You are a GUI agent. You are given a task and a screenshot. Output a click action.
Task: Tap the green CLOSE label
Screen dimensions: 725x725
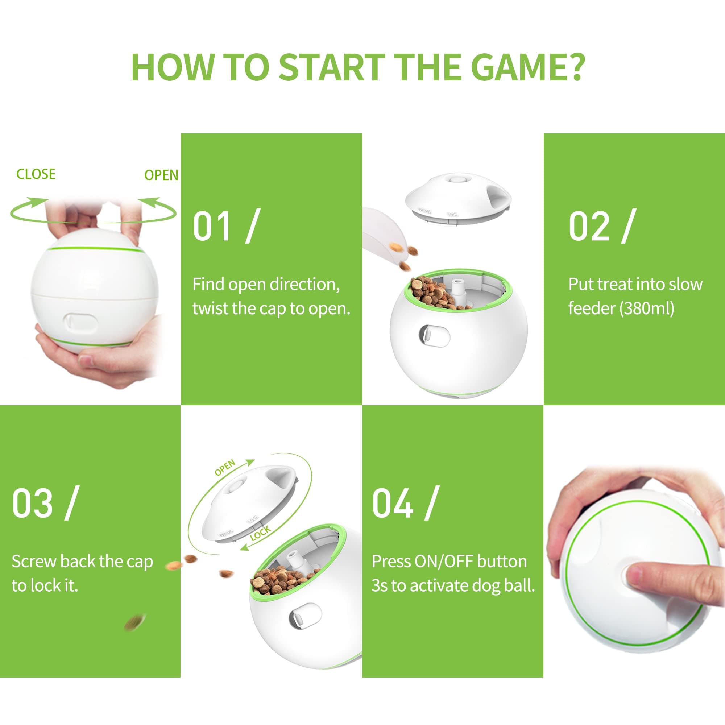[x=36, y=174]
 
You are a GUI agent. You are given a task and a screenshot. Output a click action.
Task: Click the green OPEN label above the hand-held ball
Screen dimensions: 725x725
[x=161, y=175]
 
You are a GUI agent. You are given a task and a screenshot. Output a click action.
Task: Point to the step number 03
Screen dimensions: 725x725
[x=32, y=503]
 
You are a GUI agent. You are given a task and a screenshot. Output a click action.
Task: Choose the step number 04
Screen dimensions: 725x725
[x=393, y=503]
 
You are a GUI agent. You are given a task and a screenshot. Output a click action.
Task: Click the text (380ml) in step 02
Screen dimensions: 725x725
[x=647, y=308]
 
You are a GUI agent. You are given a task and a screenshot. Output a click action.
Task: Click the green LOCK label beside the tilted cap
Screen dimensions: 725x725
[x=260, y=533]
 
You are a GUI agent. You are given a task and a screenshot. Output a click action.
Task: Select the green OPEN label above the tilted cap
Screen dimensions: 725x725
[x=225, y=468]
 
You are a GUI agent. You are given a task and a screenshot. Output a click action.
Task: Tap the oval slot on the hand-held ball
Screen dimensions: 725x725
[x=80, y=323]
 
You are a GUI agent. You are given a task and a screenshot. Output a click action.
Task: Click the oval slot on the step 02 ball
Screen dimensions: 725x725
[x=434, y=336]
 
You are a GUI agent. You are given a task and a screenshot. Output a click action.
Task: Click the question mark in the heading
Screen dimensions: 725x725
[x=573, y=67]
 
